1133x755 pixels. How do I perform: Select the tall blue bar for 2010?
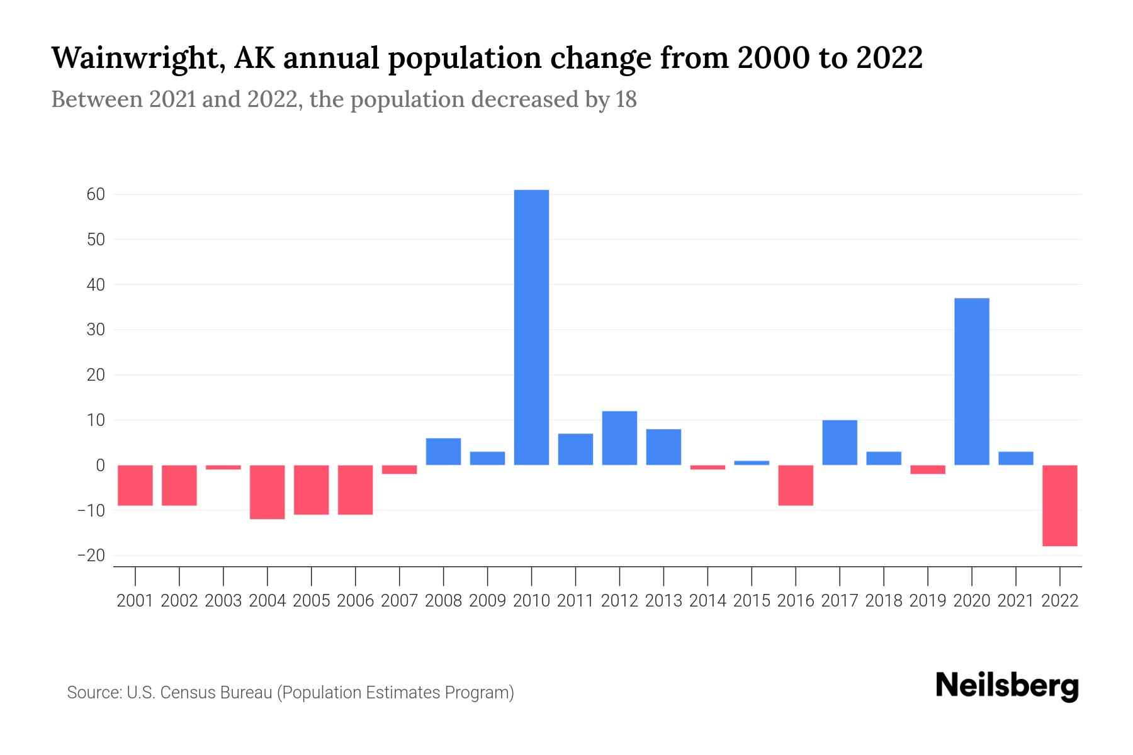point(531,327)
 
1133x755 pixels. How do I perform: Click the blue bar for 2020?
point(972,381)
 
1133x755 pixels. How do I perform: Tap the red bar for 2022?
point(1060,505)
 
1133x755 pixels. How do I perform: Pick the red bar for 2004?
point(268,492)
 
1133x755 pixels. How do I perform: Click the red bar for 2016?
point(796,485)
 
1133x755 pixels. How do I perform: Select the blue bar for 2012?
point(619,438)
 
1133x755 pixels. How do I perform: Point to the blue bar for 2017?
point(840,442)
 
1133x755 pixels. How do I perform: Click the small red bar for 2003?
point(223,467)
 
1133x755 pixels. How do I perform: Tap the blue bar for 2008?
point(444,451)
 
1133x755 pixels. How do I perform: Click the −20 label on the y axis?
point(91,556)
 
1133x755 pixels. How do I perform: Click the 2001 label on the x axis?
point(135,601)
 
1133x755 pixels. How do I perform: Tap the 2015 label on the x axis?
point(752,601)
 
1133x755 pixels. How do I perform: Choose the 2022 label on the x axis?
point(1060,601)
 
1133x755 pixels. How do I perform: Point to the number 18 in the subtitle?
point(626,99)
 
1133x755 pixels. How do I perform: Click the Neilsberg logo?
point(1007,686)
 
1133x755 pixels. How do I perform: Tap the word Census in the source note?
point(188,693)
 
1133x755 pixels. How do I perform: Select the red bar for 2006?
point(356,489)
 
